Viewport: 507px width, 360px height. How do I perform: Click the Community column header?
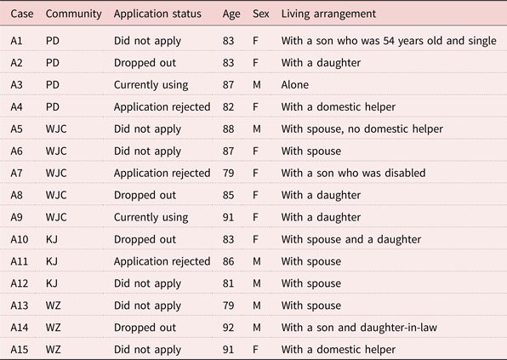point(73,14)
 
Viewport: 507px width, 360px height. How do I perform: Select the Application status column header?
point(157,14)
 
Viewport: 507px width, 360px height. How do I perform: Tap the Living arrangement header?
point(328,14)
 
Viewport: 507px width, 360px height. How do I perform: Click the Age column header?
point(231,14)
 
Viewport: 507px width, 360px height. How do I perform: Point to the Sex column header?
point(261,14)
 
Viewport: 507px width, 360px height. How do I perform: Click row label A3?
point(16,85)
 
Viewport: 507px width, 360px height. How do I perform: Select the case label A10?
point(20,239)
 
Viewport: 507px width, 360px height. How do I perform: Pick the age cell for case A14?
point(228,328)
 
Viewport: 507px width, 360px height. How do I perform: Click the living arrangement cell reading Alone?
point(295,85)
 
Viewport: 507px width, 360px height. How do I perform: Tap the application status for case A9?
point(151,217)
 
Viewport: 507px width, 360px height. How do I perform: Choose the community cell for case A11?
point(52,261)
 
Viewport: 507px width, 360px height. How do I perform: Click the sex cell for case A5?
point(257,129)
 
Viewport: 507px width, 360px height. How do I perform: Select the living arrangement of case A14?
point(359,328)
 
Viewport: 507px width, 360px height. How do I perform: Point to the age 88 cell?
point(228,129)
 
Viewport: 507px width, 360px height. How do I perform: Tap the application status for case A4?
point(162,107)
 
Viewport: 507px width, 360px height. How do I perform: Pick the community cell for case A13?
point(53,306)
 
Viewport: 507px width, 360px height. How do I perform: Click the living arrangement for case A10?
point(351,240)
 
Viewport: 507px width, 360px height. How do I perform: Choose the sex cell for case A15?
point(255,350)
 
